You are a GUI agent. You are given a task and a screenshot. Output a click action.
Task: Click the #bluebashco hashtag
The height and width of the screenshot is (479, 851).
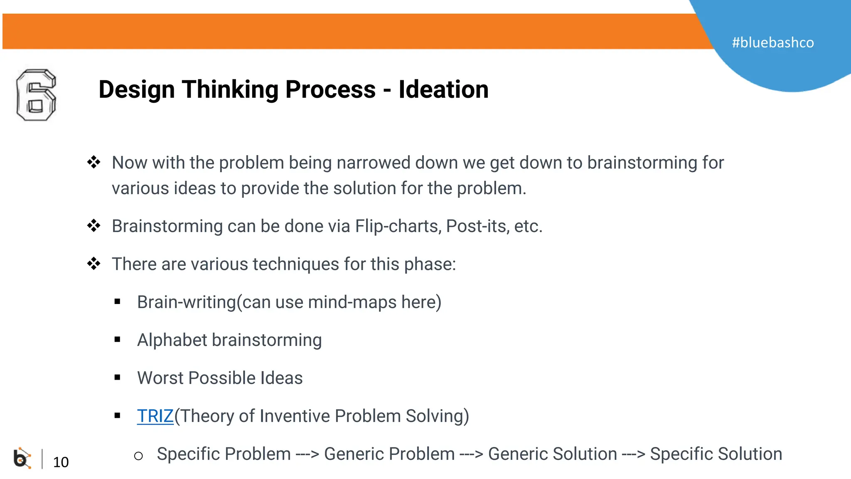[x=772, y=42]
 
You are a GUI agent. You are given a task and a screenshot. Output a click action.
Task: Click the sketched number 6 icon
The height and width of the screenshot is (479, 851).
[x=36, y=95]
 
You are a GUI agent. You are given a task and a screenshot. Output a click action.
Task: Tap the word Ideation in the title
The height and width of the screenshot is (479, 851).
[x=443, y=89]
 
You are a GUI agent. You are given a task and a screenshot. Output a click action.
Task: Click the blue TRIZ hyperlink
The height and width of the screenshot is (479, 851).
[x=155, y=416]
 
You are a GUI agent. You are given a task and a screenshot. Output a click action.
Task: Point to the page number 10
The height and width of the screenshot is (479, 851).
[x=61, y=462]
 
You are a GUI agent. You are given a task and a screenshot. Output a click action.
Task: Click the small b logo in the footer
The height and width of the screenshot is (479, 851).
[x=22, y=458]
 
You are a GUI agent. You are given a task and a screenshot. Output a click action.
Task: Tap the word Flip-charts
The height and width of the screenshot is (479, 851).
[x=398, y=226]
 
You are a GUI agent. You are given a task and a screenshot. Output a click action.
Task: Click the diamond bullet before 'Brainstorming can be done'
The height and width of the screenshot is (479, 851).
[x=93, y=226]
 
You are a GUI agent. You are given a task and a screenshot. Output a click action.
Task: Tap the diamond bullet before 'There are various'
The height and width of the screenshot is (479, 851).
[x=93, y=264]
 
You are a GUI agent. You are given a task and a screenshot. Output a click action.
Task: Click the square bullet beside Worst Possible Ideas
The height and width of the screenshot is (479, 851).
[x=118, y=378]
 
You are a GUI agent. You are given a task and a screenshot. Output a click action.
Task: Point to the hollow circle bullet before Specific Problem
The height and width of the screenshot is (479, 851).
[x=138, y=456]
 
